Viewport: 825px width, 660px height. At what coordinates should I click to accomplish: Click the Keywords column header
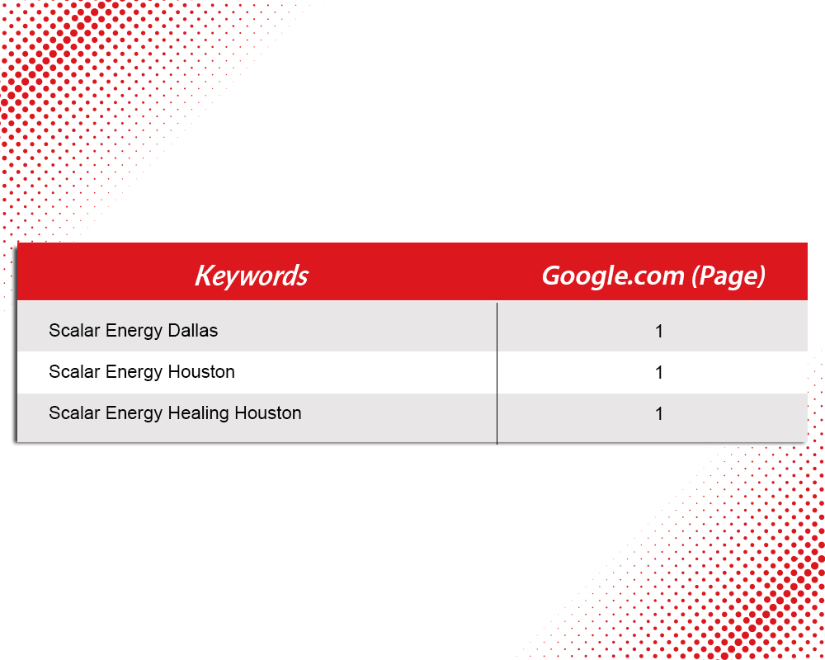point(252,276)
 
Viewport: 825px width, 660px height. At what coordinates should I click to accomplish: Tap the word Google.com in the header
point(613,276)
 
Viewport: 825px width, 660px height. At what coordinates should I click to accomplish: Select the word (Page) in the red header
point(728,276)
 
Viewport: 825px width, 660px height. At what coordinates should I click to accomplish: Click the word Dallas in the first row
point(192,331)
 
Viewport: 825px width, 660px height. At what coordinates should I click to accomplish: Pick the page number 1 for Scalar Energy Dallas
point(658,332)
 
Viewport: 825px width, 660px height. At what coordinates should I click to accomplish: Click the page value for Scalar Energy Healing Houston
point(658,414)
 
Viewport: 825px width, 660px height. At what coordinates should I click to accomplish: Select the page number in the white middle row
point(658,373)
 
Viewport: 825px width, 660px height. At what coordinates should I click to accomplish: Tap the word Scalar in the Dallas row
point(74,331)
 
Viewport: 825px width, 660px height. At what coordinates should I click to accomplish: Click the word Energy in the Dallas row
point(134,332)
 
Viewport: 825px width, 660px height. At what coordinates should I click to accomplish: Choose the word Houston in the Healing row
point(268,413)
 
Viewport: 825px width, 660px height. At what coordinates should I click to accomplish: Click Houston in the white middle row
point(201,372)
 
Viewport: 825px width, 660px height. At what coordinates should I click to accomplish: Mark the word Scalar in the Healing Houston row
point(74,413)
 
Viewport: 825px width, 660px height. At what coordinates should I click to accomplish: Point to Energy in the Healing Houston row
point(134,414)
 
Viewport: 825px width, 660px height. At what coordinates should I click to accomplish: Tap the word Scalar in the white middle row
point(74,372)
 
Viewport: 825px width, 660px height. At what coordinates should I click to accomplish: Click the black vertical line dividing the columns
point(497,373)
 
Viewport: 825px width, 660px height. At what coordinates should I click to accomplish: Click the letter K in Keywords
point(203,276)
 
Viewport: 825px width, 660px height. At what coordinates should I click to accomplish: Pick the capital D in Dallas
point(173,331)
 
